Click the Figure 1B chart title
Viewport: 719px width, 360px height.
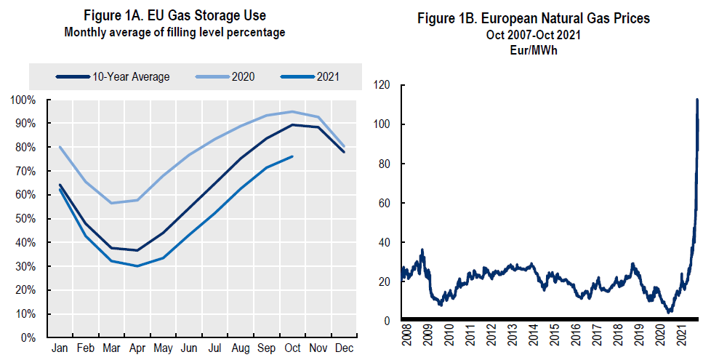click(533, 19)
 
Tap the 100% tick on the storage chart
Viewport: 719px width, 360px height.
click(24, 100)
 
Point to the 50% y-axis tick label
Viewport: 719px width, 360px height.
click(26, 219)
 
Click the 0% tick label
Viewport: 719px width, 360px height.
click(28, 338)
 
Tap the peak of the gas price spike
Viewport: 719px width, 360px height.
click(697, 100)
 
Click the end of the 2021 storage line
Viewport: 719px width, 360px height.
click(292, 156)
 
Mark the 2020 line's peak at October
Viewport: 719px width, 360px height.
click(292, 111)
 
